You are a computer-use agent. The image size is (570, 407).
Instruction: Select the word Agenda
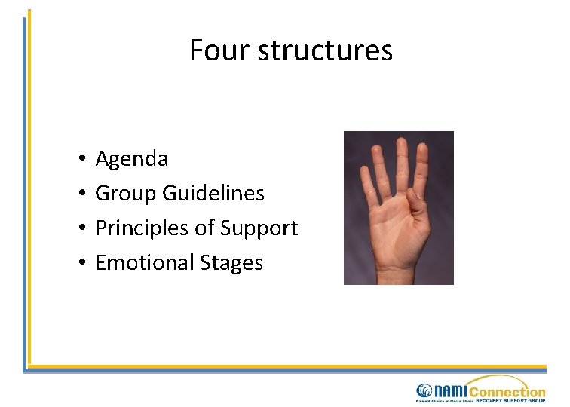(x=132, y=159)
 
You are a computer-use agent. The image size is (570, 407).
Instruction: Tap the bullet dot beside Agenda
(x=79, y=159)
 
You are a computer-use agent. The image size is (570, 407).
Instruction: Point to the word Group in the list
(x=124, y=194)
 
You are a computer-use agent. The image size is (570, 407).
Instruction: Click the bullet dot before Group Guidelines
(x=79, y=194)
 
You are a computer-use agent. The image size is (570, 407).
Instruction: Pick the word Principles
(x=142, y=228)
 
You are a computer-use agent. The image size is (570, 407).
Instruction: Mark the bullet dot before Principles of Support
(x=79, y=228)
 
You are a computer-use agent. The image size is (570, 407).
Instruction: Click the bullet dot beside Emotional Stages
(x=79, y=263)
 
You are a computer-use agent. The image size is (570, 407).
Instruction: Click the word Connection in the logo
(x=507, y=391)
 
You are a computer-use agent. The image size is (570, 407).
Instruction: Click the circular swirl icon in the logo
(x=423, y=391)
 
